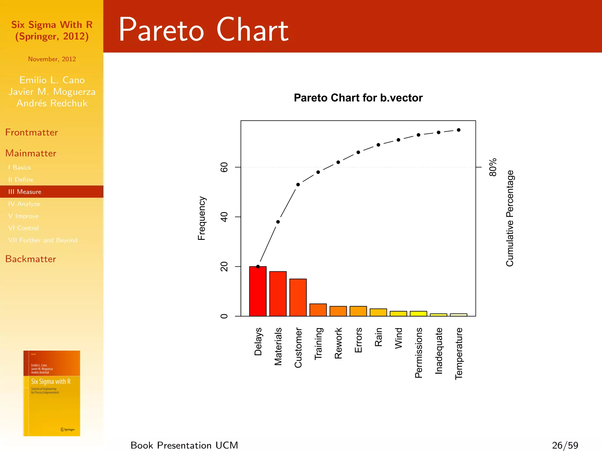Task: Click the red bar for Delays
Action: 258,291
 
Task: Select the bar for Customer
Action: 298,297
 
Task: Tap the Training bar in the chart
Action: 318,310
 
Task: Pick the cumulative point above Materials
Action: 278,222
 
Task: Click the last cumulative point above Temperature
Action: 459,130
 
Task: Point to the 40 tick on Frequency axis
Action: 224,217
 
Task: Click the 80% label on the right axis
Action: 493,167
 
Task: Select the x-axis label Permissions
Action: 418,353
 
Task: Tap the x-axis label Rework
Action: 338,343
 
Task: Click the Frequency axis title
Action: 202,218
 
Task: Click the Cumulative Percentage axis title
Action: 510,218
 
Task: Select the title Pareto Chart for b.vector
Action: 358,98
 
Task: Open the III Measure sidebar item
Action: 25,192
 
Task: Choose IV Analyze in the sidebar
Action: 24,204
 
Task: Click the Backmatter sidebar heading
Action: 31,259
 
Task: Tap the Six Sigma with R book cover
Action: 52,393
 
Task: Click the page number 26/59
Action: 565,445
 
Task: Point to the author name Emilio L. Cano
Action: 52,80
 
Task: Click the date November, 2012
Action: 52,59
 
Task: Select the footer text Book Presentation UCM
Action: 184,445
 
